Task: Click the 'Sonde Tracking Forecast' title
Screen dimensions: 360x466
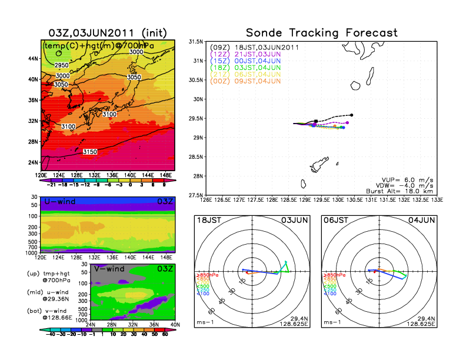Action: [322, 33]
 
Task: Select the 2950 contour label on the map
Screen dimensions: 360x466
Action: [62, 65]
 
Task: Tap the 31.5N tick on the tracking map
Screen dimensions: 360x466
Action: [195, 42]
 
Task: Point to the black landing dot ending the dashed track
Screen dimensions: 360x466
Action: [351, 115]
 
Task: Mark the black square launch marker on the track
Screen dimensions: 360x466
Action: [317, 121]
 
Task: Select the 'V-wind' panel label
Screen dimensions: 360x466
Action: [110, 269]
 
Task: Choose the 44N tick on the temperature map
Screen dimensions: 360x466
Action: [33, 59]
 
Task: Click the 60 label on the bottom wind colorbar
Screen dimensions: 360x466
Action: [165, 334]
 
